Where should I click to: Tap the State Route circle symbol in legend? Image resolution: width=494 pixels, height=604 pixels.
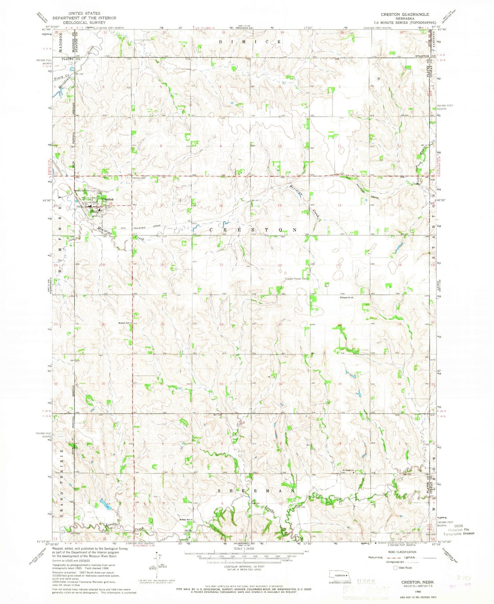(x=396, y=568)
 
